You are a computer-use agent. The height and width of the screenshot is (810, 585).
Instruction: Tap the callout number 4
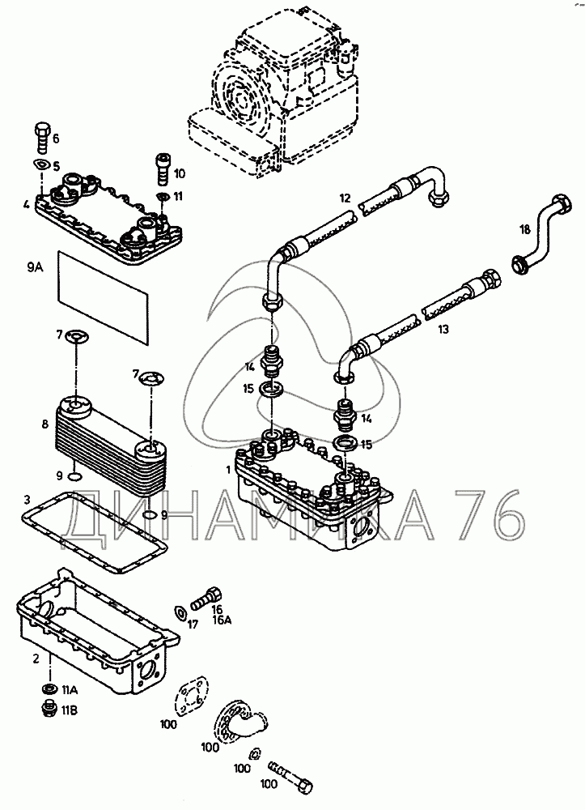pos(27,204)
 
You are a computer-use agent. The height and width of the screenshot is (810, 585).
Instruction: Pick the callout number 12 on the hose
pos(345,198)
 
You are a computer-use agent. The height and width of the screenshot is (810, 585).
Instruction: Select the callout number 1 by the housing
pos(229,469)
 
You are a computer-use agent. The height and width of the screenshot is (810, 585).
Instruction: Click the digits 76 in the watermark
pos(485,518)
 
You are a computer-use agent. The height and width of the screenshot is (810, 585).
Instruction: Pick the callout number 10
pos(180,173)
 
